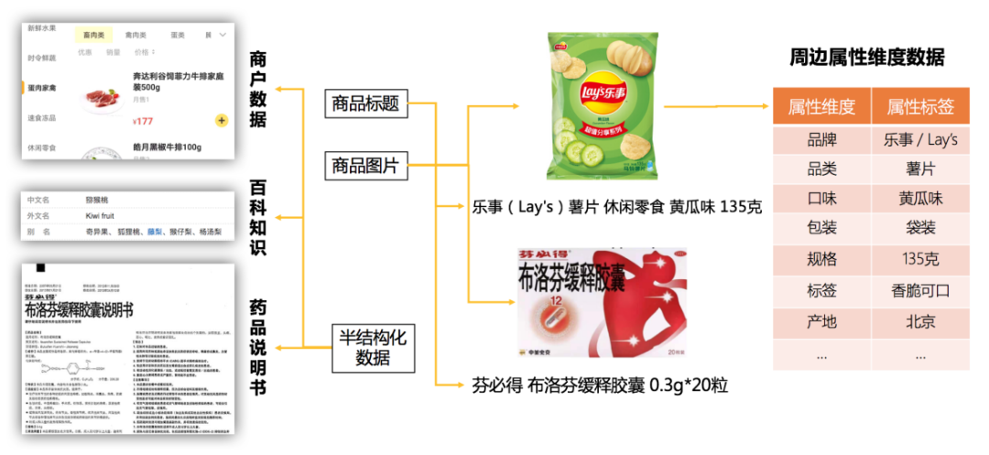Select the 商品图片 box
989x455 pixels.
point(366,167)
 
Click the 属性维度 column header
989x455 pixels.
point(821,108)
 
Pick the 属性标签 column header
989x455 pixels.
point(920,108)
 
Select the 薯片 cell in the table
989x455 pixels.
point(920,169)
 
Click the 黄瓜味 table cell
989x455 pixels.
point(920,200)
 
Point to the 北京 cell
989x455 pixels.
point(920,321)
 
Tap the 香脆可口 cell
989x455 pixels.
point(920,291)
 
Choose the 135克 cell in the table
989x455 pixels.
point(920,260)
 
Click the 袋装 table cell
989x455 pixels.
point(920,230)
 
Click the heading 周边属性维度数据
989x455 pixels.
point(867,58)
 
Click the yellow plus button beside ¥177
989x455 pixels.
point(222,120)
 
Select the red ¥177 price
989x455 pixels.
point(143,121)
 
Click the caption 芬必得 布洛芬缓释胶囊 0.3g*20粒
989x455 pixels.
point(600,385)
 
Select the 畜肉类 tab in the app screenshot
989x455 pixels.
point(93,35)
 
